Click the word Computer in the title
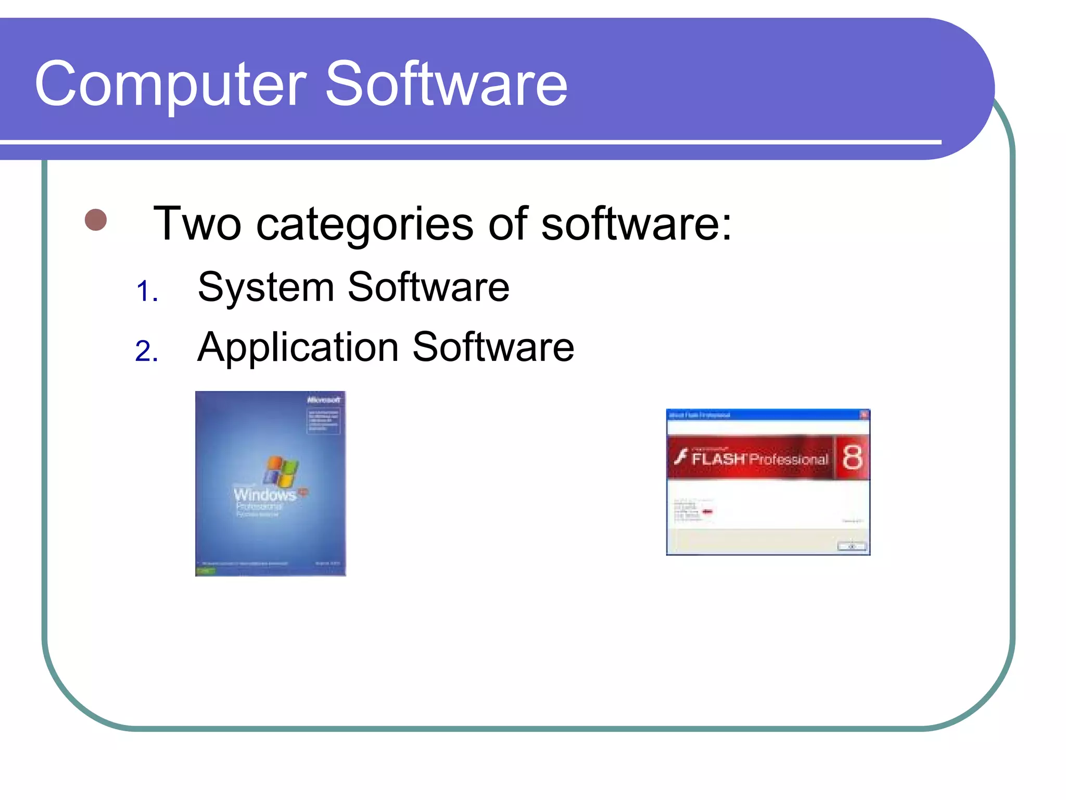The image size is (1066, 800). point(170,84)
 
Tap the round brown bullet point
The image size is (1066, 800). point(96,220)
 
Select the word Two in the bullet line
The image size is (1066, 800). point(197,224)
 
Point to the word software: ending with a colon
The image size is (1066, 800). point(636,224)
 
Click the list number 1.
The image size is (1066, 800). point(146,292)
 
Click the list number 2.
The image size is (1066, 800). point(146,351)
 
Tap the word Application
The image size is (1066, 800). point(298,348)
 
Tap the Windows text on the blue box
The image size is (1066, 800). point(264,494)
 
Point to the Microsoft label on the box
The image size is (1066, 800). point(324,400)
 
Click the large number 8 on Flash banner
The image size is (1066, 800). point(852,457)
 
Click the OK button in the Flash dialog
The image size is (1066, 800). point(852,546)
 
